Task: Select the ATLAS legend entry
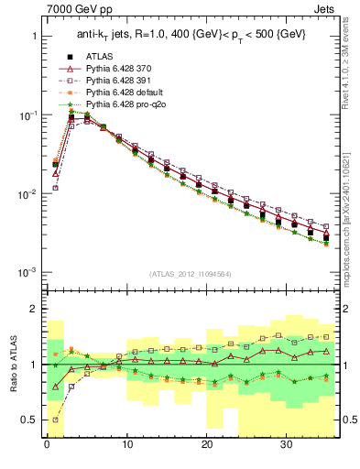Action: (x=100, y=56)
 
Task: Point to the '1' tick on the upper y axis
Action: (x=34, y=37)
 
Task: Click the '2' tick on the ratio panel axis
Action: (x=34, y=310)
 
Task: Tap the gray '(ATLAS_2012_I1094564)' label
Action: (x=191, y=273)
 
